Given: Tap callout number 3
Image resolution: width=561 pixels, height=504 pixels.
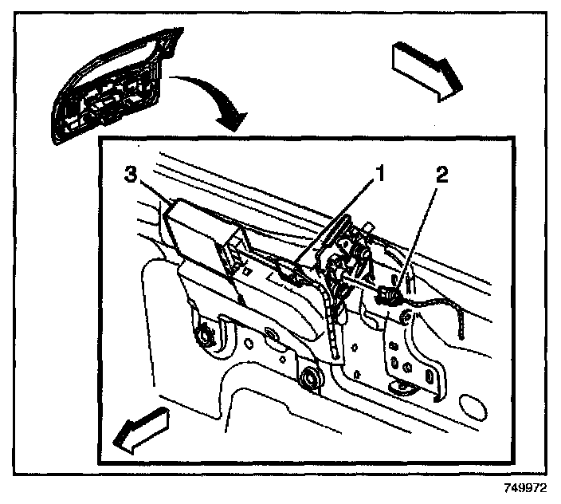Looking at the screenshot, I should [131, 175].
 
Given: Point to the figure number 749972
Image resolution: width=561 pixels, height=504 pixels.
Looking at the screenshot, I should [527, 486].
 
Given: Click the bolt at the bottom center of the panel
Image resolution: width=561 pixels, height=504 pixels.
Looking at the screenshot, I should [309, 380].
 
